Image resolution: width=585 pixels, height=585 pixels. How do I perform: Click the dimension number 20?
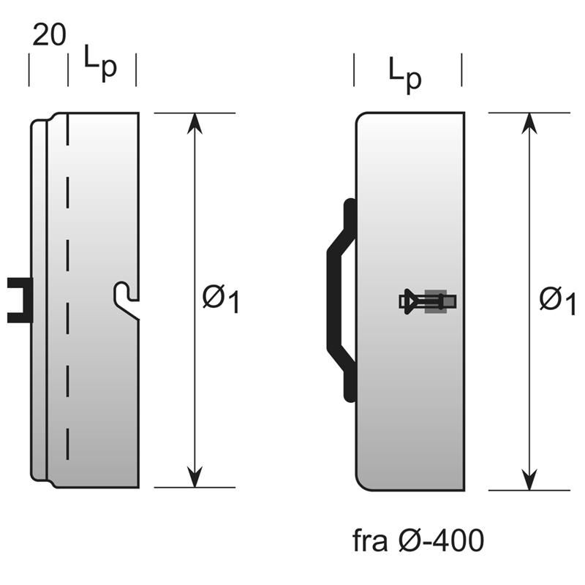48,37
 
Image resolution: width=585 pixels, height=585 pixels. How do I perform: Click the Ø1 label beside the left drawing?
221,300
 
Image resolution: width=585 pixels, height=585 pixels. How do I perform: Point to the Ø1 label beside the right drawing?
557,300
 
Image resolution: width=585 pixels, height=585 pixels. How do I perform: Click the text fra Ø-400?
418,541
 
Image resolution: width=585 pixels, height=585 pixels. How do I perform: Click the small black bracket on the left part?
19,300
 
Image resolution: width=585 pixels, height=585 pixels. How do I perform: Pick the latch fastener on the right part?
428,301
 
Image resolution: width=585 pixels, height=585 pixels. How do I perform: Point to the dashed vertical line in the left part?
67,292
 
